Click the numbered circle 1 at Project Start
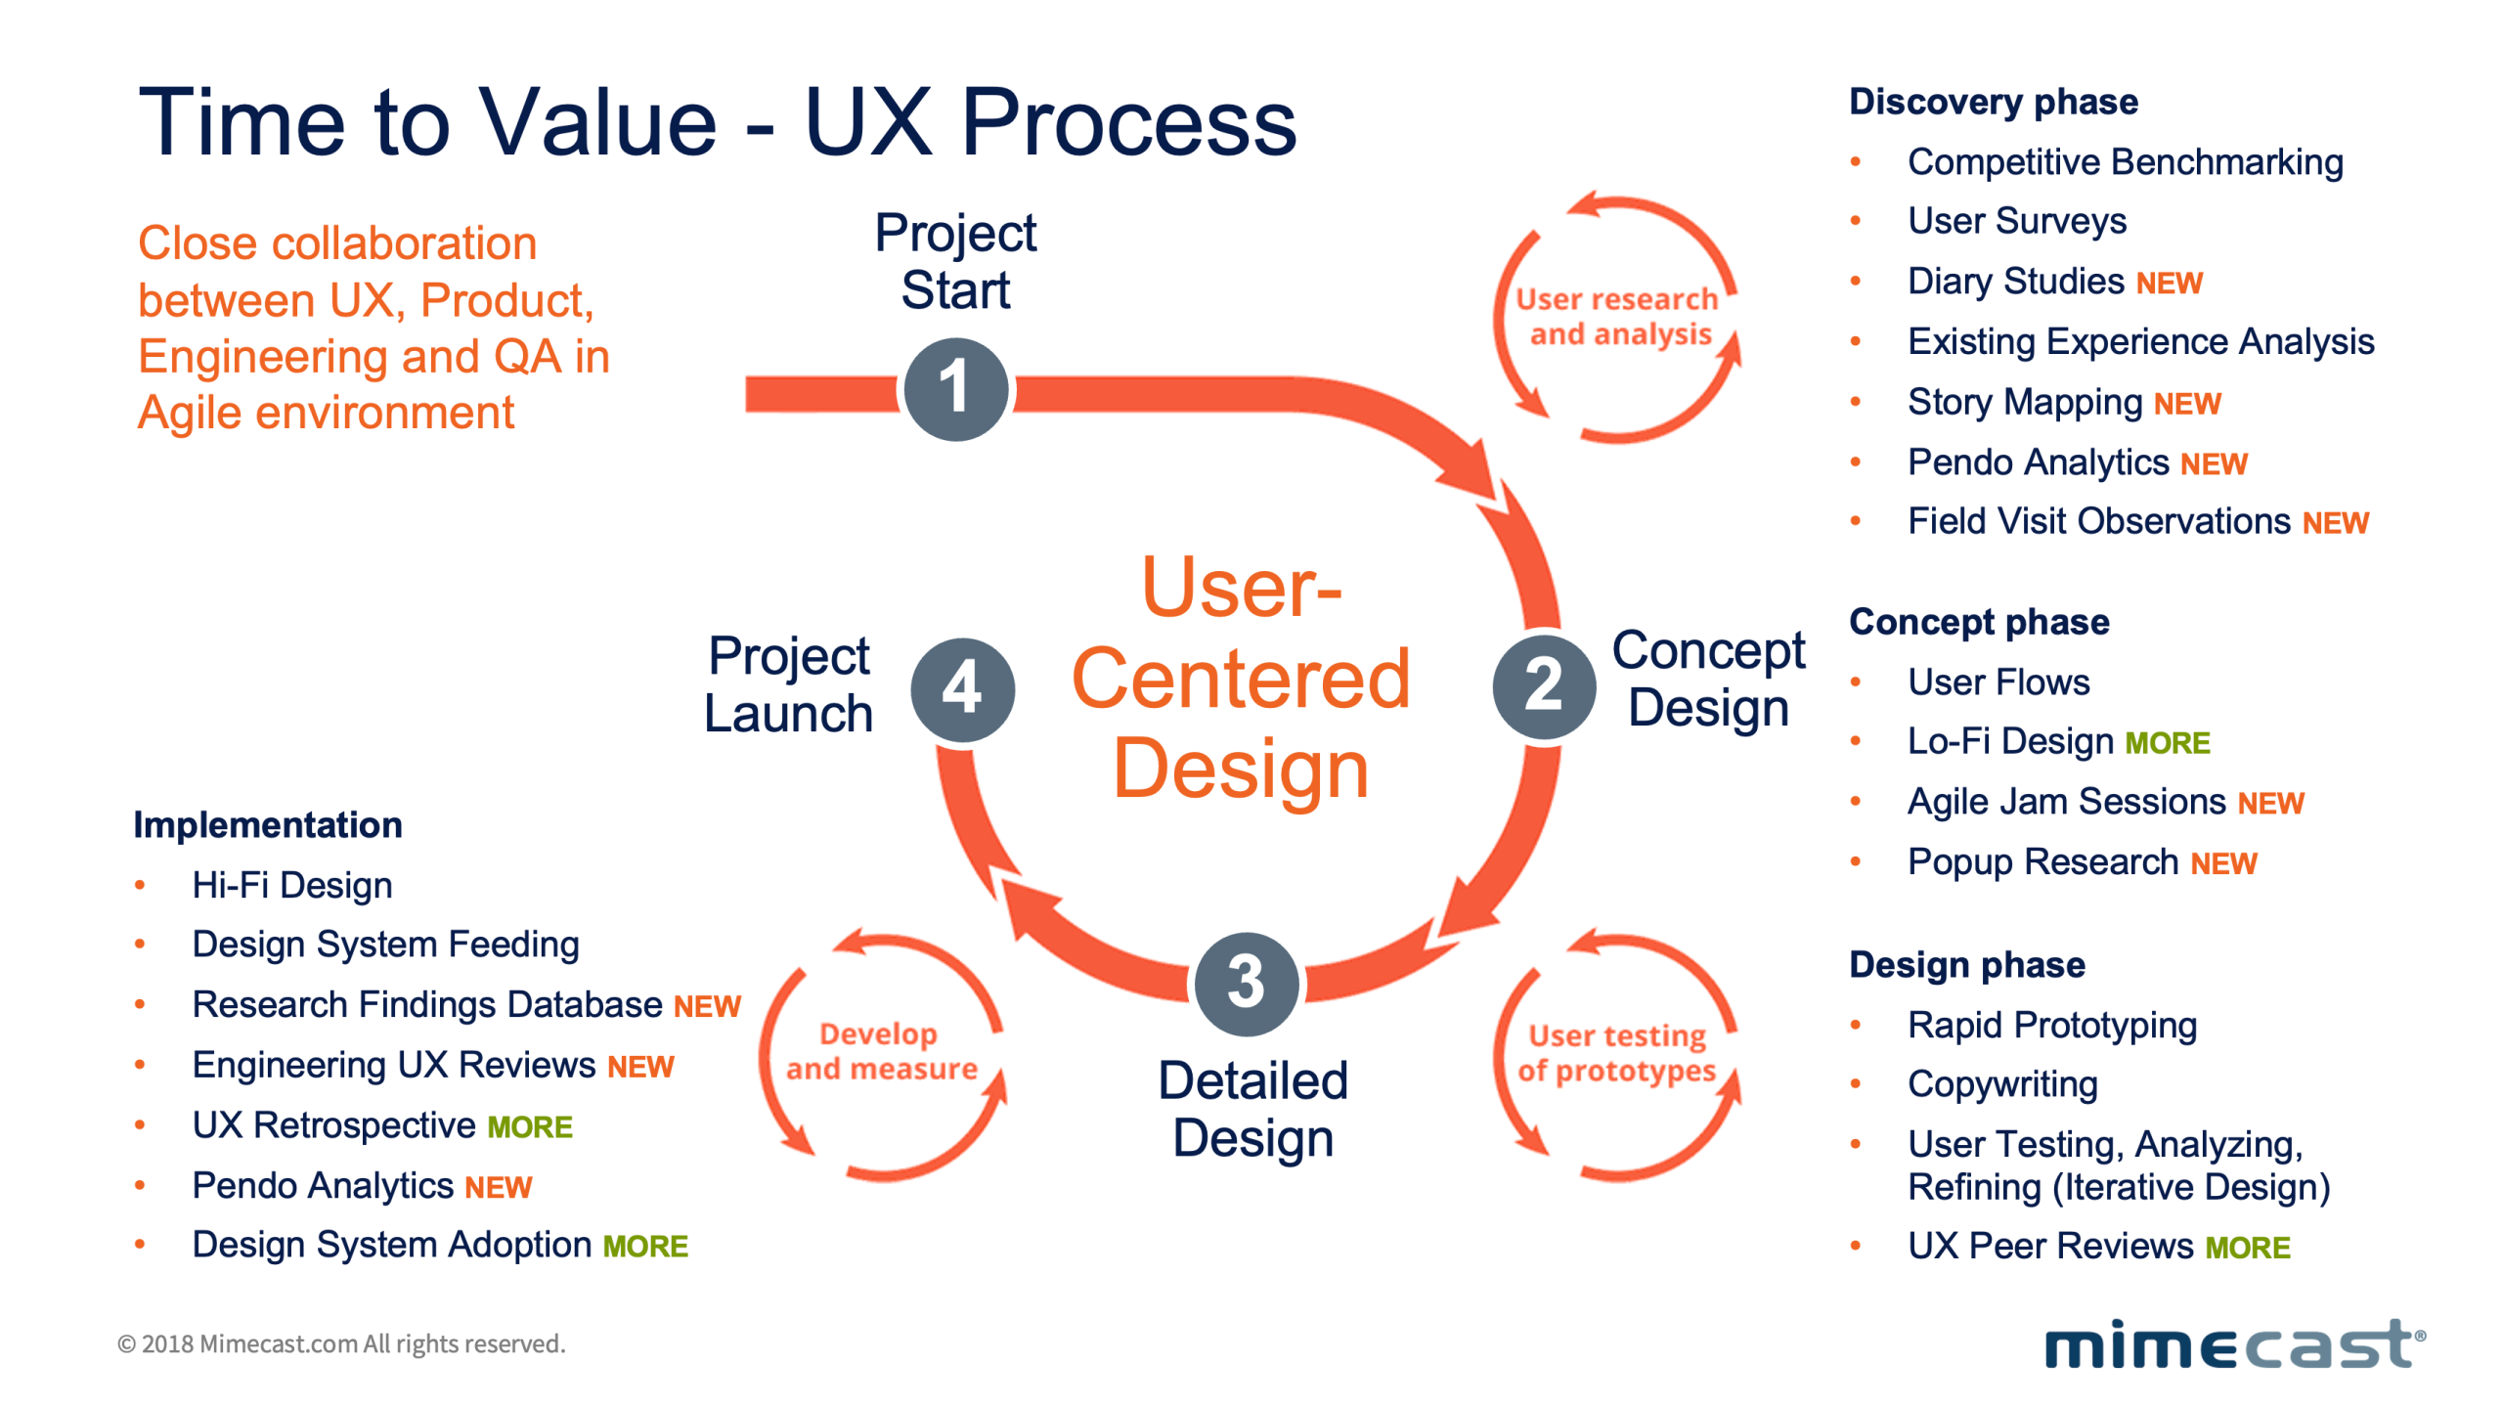tap(954, 388)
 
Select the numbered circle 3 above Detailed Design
tap(1245, 982)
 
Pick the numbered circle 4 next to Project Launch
tap(961, 688)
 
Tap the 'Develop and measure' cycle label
tap(880, 1050)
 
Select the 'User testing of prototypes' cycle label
tap(1616, 1052)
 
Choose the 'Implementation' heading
tap(267, 824)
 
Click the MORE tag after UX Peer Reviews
tap(2246, 1248)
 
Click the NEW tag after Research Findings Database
tap(706, 1006)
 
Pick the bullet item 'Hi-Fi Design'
tap(291, 885)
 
